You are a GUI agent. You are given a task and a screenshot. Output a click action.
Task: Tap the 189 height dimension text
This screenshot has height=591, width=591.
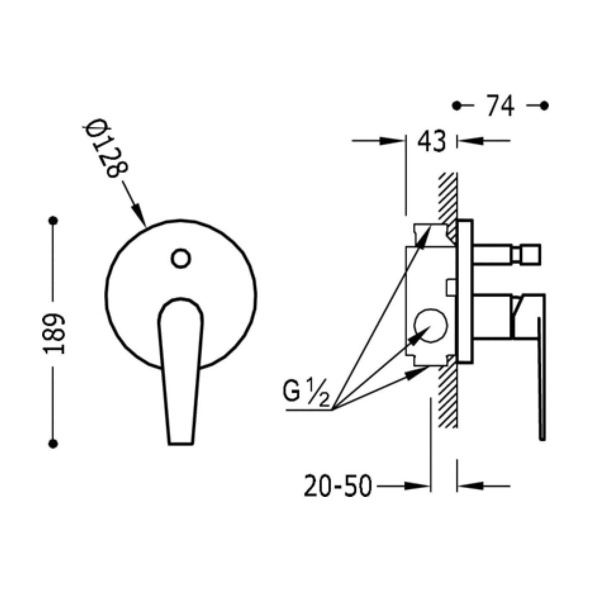[55, 334]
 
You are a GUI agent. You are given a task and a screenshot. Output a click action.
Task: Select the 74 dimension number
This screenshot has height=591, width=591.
[501, 106]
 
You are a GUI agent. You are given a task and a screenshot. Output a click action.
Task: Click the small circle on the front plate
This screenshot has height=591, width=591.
[181, 258]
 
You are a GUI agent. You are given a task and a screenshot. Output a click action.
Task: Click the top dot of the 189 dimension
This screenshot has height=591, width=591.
[54, 221]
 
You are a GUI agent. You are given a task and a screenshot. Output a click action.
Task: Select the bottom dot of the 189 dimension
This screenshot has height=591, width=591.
[54, 444]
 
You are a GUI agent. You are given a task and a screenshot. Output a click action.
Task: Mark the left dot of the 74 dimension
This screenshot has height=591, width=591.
[457, 106]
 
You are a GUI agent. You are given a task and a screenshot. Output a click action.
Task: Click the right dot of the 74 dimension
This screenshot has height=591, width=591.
[545, 106]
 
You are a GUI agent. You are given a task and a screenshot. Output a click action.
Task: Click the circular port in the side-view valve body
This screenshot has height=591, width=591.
[430, 325]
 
